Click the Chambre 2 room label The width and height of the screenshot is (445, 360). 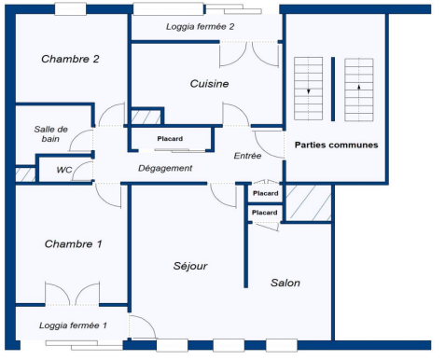[70, 59]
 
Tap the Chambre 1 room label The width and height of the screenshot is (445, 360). [74, 243]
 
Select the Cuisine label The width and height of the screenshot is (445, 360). [209, 83]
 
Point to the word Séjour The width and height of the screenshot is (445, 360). [190, 266]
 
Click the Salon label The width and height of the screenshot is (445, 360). [285, 283]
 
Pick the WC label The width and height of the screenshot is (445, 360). [64, 170]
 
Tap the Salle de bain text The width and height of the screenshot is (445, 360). [51, 133]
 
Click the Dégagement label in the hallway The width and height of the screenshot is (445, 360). [165, 168]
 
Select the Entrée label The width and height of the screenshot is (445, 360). [247, 156]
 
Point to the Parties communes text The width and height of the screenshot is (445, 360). [337, 145]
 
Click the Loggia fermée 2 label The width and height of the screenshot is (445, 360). [200, 27]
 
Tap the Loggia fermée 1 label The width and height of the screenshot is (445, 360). [73, 325]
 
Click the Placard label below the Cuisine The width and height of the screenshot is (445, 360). [170, 139]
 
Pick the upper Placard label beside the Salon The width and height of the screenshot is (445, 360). [266, 193]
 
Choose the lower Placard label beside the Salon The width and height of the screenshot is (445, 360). [265, 213]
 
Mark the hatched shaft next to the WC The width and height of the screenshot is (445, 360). [25, 174]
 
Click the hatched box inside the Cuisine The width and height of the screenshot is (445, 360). [146, 117]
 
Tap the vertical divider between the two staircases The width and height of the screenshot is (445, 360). [333, 89]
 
